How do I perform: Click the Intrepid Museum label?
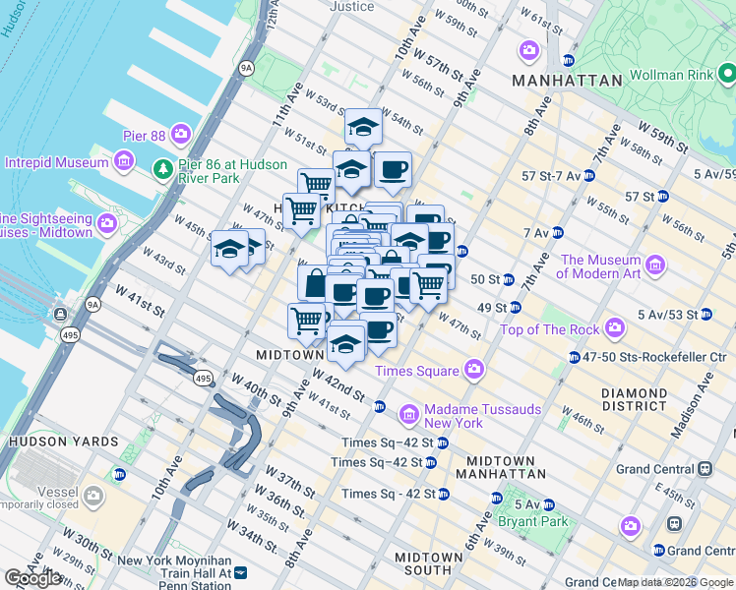coord(56,162)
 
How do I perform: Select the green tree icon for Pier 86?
coord(162,171)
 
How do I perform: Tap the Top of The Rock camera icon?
coord(616,326)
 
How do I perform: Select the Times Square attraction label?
coord(417,371)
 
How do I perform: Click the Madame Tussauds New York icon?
coord(409,411)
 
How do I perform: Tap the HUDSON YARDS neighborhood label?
coord(50,442)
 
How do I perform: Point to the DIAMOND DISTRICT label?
coord(635,399)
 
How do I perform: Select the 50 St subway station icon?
coord(509,280)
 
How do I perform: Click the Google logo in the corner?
coord(33,578)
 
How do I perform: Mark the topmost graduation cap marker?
coord(362,127)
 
